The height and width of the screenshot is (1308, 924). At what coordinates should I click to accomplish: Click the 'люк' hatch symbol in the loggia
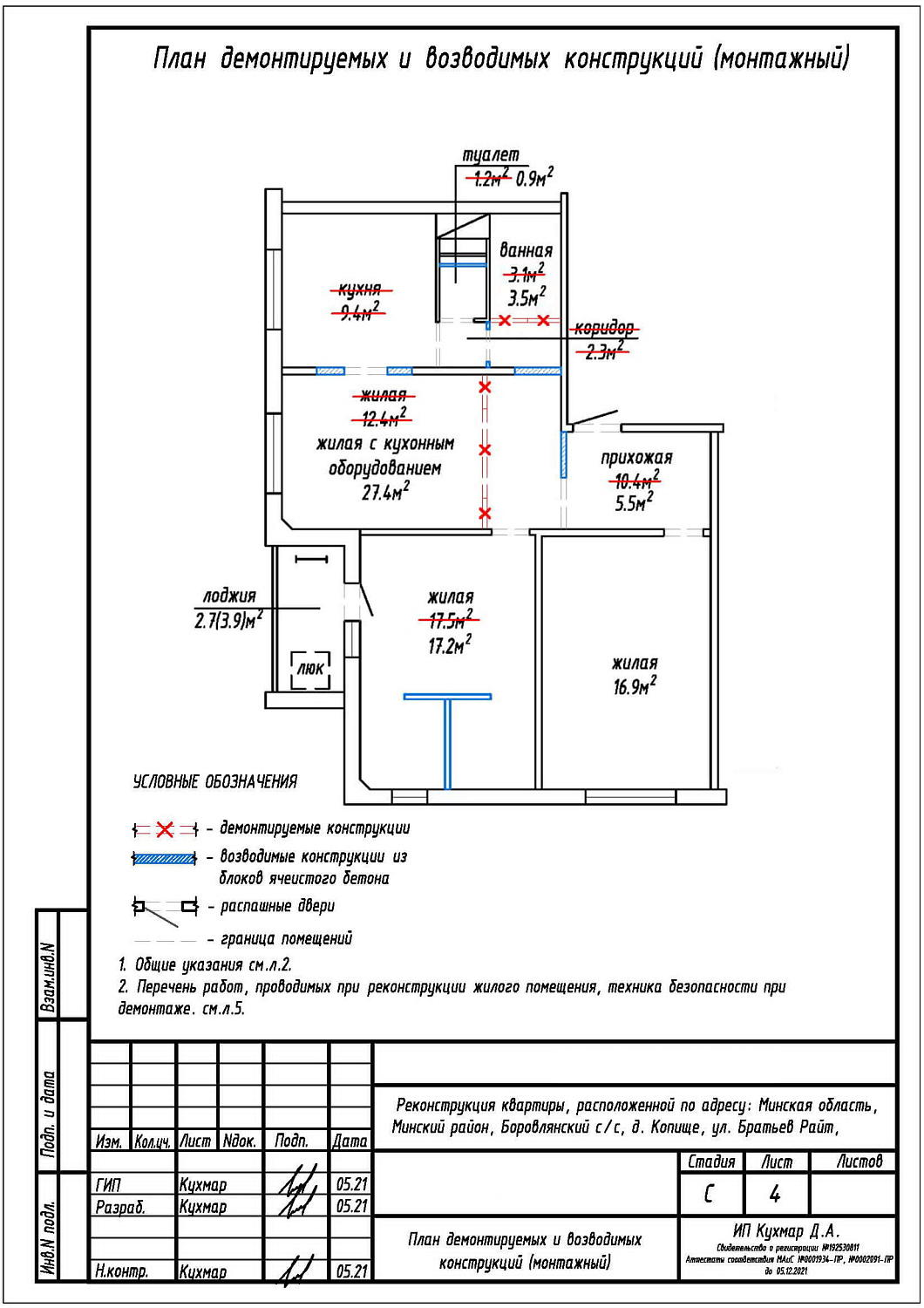[x=310, y=669]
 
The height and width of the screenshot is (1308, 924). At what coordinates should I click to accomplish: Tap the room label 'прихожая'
[x=636, y=458]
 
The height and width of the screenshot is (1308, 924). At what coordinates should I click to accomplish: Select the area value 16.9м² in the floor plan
[x=635, y=686]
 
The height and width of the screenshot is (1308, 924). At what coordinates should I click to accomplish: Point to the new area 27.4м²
[x=385, y=492]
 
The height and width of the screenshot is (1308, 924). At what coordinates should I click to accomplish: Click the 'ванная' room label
[x=526, y=251]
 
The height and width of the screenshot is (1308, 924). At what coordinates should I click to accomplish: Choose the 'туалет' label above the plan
[x=491, y=155]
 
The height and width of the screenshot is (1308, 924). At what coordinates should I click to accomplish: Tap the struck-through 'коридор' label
[x=603, y=328]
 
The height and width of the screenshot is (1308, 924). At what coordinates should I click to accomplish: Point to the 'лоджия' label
[x=229, y=596]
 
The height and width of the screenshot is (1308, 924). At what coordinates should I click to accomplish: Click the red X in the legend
[x=165, y=829]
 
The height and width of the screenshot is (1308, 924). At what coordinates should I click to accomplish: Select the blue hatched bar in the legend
[x=164, y=859]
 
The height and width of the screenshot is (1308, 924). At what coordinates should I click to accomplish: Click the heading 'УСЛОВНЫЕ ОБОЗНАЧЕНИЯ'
[x=214, y=782]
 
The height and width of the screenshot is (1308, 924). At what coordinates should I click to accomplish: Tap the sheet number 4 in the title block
[x=775, y=1194]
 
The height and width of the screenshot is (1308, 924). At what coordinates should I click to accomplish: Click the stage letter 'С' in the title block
[x=709, y=1194]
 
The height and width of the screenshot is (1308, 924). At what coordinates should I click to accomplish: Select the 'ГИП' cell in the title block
[x=108, y=1185]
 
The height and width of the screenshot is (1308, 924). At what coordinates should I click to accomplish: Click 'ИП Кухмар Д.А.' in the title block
[x=786, y=1231]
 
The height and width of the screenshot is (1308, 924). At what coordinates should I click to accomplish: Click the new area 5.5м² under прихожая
[x=634, y=503]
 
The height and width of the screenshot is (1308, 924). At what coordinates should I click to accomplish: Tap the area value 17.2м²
[x=449, y=646]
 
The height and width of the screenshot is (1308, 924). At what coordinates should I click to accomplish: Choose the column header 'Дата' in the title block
[x=350, y=1141]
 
